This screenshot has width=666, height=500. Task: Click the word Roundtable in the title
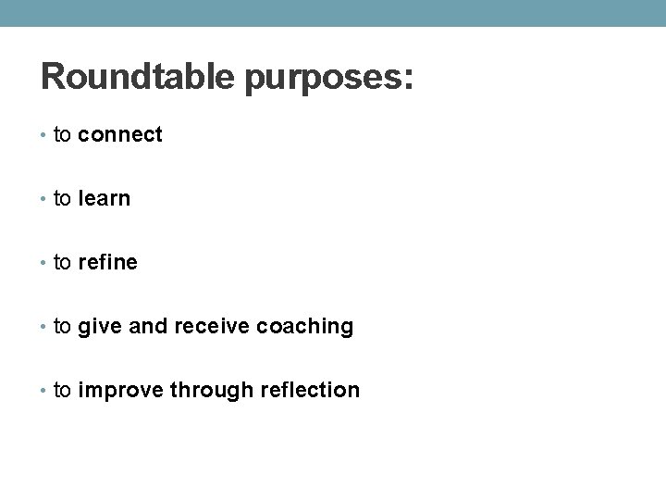click(x=138, y=77)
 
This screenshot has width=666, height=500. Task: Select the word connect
click(x=120, y=135)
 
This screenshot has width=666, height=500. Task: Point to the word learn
click(x=105, y=198)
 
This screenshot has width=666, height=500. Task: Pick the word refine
click(x=108, y=263)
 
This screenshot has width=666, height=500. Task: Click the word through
click(x=203, y=391)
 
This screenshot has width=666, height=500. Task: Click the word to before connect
click(x=63, y=135)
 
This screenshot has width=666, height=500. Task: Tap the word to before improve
click(x=63, y=391)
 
